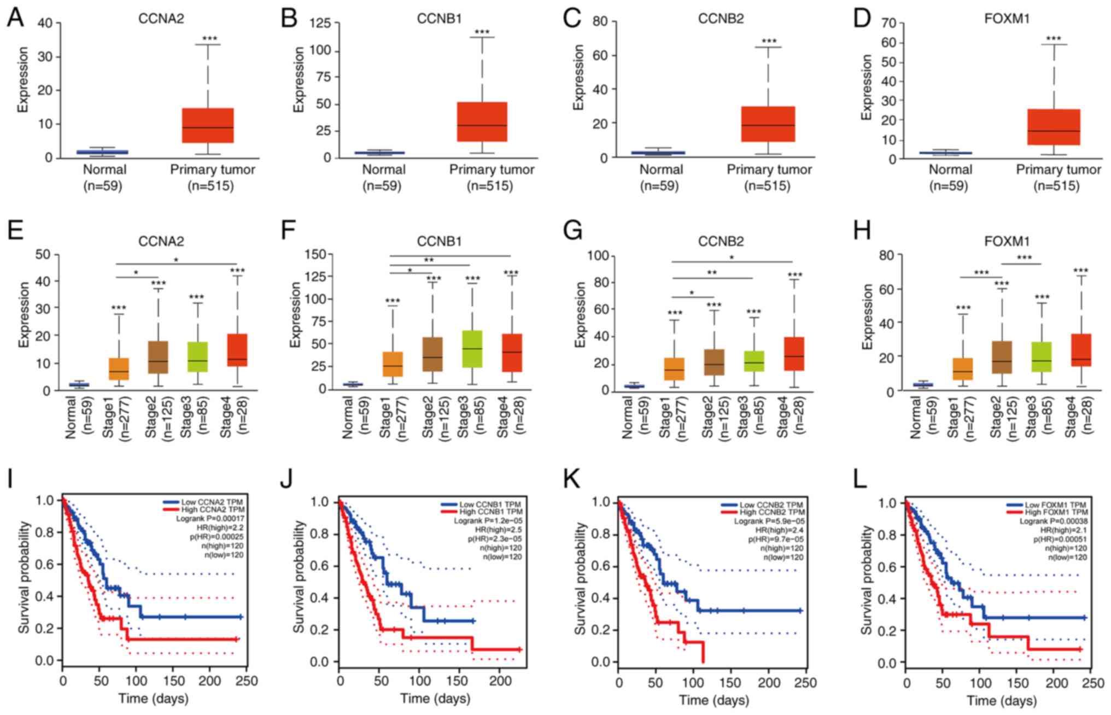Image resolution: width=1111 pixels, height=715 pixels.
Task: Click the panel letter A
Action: point(15,18)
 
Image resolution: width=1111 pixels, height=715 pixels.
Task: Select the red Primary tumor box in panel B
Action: point(482,122)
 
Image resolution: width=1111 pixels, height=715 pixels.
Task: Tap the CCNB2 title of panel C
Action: point(721,19)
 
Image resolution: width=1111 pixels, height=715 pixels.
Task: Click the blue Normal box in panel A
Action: point(102,152)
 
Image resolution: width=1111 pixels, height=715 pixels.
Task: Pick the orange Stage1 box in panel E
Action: point(119,369)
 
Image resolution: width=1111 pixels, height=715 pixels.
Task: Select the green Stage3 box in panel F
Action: point(472,349)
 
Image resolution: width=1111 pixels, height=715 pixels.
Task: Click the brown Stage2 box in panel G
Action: point(714,362)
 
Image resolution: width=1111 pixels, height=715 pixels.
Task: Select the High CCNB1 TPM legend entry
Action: point(490,512)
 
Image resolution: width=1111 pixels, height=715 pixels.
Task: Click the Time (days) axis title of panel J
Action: point(435,698)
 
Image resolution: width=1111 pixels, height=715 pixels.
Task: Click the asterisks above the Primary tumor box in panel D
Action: point(1053,39)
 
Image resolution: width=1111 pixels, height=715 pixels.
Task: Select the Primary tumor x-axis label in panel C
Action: point(769,170)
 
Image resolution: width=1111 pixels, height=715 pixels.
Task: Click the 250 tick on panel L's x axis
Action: point(1093,683)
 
